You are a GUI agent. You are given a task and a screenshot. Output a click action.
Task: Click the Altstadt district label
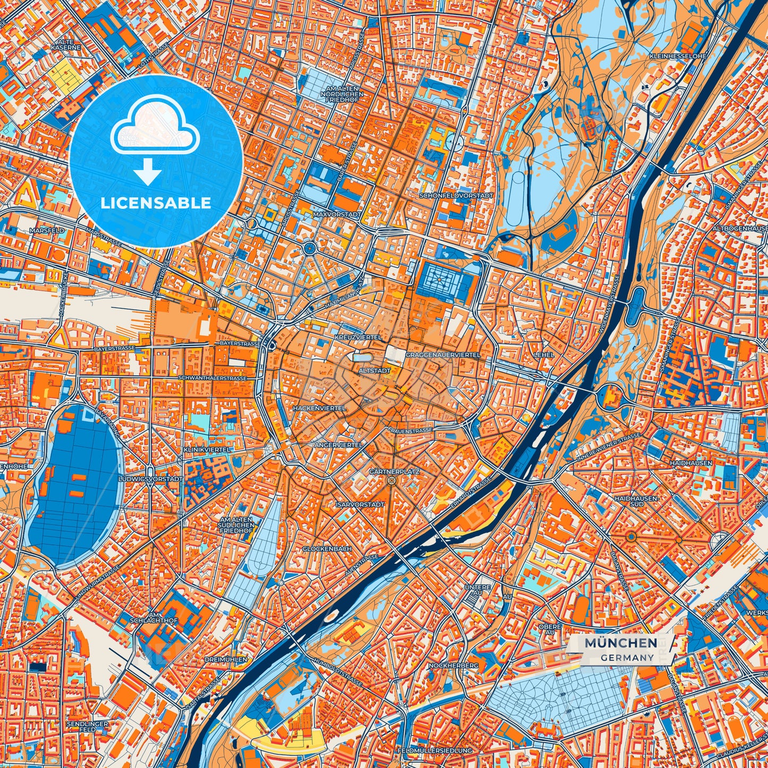(x=375, y=370)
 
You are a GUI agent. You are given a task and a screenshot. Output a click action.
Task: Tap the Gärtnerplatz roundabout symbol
(x=392, y=480)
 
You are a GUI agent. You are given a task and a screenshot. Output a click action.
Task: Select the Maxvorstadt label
(x=337, y=214)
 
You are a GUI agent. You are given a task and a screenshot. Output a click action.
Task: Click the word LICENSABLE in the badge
(x=156, y=203)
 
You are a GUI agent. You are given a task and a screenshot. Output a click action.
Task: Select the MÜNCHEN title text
(x=620, y=643)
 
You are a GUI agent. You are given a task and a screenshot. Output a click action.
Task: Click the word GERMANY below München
(x=628, y=657)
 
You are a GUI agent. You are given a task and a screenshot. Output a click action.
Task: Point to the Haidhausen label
(x=691, y=463)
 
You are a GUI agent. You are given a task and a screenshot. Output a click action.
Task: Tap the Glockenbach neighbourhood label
(x=327, y=548)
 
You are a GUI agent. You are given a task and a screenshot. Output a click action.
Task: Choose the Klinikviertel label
(x=206, y=450)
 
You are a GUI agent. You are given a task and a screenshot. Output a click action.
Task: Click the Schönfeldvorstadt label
(x=456, y=196)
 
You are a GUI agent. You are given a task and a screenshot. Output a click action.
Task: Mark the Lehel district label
(x=545, y=355)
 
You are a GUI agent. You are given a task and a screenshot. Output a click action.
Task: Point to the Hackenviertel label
(x=319, y=408)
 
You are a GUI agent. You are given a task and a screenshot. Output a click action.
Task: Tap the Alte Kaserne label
(x=66, y=44)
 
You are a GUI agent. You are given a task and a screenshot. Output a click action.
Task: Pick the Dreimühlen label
(x=226, y=659)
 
